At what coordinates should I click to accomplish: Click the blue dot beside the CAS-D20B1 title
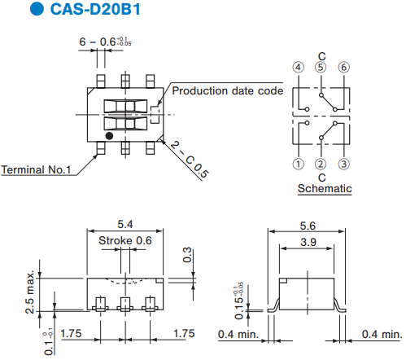[x=37, y=8]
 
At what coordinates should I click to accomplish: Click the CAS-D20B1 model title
[x=95, y=9]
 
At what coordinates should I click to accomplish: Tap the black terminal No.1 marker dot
[x=109, y=136]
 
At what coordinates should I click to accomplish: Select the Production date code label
[x=228, y=90]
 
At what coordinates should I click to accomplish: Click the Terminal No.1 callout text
[x=36, y=169]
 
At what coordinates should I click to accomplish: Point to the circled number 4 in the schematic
[x=298, y=67]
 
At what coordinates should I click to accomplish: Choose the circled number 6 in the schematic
[x=343, y=67]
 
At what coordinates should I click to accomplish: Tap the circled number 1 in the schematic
[x=298, y=164]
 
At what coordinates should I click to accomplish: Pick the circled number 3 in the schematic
[x=343, y=164]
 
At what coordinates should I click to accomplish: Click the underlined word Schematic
[x=325, y=188]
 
